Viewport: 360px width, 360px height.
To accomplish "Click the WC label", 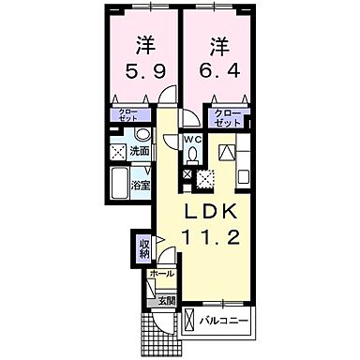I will coord(190,142).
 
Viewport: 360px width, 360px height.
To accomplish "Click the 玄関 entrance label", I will coord(165,300).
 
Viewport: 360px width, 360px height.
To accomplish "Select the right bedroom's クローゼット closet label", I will coord(229,120).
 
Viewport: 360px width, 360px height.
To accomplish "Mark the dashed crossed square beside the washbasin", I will coord(119,152).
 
